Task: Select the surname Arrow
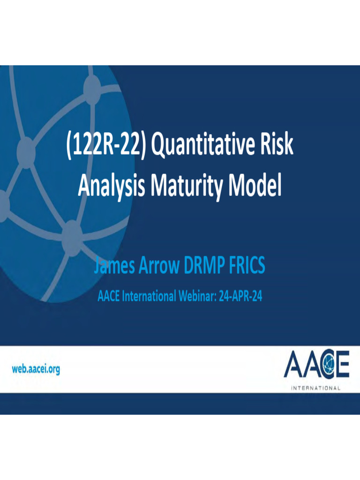(x=159, y=266)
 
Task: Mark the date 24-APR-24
(x=239, y=296)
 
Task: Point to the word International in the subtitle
(x=149, y=296)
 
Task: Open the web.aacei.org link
(x=36, y=369)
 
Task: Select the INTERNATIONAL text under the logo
(x=316, y=388)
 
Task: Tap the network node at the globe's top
(x=92, y=87)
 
